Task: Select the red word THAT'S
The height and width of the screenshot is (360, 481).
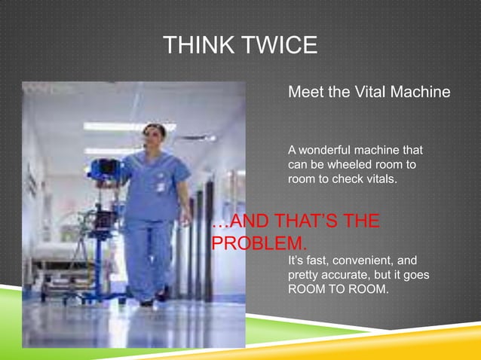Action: [296, 223]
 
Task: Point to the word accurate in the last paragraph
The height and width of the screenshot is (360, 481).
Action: [349, 275]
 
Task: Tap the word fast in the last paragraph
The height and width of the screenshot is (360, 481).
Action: [314, 261]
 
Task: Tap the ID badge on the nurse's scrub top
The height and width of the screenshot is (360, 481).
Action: [161, 185]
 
